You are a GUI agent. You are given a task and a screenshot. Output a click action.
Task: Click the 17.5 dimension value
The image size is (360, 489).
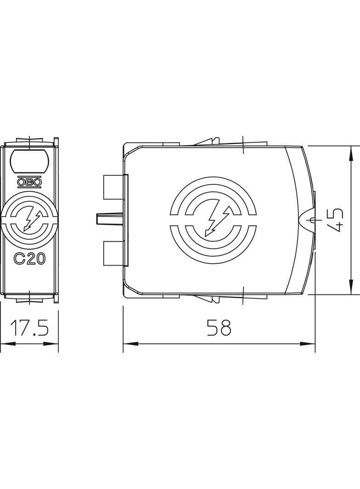tap(29, 328)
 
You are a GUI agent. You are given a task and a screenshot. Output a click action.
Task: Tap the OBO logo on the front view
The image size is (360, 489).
tap(29, 182)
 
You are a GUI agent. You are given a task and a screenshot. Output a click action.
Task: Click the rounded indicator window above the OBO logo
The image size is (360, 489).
tap(29, 161)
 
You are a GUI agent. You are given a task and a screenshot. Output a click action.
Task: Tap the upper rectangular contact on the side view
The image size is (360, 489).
tap(113, 187)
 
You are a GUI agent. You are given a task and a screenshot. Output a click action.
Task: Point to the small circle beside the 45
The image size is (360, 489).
tap(313, 221)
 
